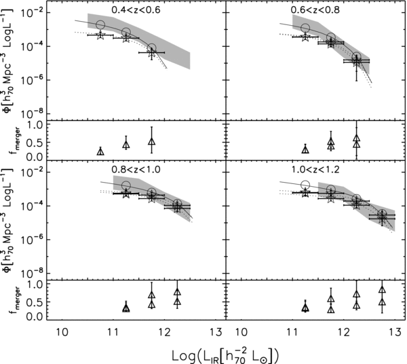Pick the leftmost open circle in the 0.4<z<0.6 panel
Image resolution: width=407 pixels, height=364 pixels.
click(x=100, y=25)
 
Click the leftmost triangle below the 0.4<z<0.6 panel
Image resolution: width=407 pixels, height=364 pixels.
click(x=100, y=151)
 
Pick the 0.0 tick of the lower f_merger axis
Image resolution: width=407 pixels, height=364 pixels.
click(x=45, y=316)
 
